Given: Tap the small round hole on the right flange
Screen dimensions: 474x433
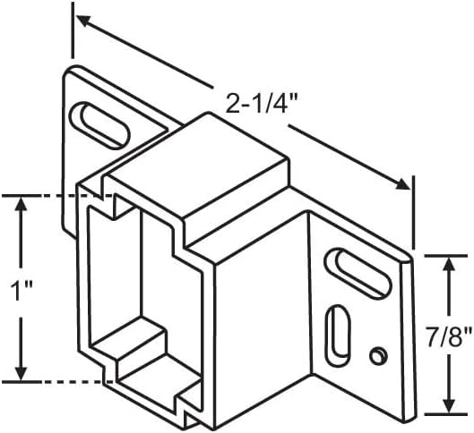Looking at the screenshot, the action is pyautogui.click(x=378, y=356).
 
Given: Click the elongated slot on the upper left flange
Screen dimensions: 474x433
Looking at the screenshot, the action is pyautogui.click(x=99, y=125).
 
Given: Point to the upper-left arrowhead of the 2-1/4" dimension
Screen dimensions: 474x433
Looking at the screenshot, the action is pyautogui.click(x=84, y=21).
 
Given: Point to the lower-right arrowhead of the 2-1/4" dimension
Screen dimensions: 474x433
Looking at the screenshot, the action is pyautogui.click(x=402, y=183).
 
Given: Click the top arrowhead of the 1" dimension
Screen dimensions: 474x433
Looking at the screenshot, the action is pyautogui.click(x=21, y=205).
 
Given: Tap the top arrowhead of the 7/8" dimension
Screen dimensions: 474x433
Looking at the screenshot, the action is pyautogui.click(x=449, y=265).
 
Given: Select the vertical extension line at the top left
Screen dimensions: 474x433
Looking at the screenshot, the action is pyautogui.click(x=73, y=30).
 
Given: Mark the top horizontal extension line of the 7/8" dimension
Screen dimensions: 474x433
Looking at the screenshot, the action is pyautogui.click(x=446, y=256).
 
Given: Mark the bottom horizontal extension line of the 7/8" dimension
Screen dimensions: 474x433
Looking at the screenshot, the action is pyautogui.click(x=446, y=414).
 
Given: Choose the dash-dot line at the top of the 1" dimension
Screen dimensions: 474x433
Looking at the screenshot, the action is pyautogui.click(x=57, y=196).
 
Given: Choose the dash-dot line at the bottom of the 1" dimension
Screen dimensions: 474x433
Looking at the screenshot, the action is pyautogui.click(x=57, y=382).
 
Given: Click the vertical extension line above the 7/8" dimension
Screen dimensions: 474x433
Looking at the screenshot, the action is pyautogui.click(x=413, y=213).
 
